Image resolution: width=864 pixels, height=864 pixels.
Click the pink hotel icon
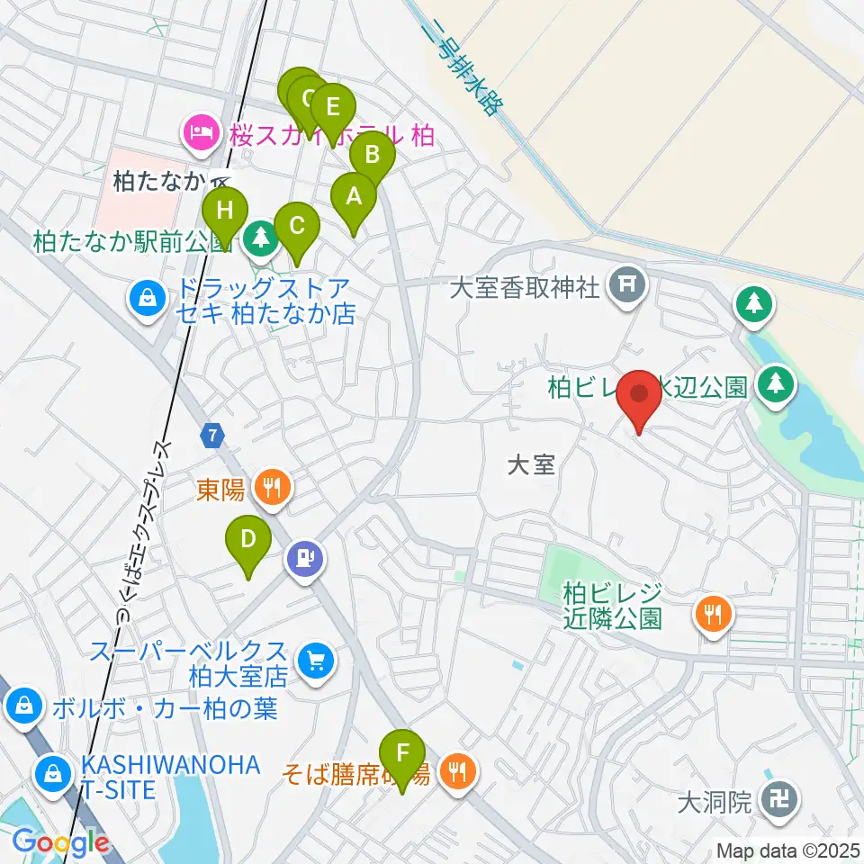point(199,134)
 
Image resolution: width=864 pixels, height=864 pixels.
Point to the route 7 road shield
point(211,436)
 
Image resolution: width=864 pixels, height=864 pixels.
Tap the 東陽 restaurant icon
point(271,489)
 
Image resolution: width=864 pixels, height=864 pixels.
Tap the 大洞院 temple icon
point(776,799)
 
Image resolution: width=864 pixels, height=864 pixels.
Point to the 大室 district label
point(531,464)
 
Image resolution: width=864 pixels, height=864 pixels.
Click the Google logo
point(60,842)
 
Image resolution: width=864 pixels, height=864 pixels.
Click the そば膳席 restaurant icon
point(459,770)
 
